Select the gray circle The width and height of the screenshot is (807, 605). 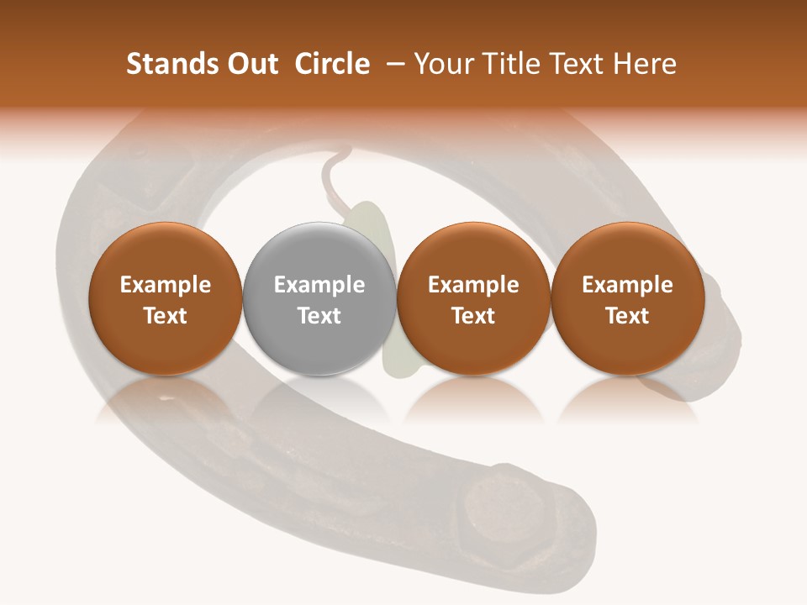pos(319,299)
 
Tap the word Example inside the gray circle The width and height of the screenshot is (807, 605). pos(319,285)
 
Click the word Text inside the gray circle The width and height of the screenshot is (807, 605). pos(319,316)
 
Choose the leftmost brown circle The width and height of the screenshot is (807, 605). pos(165,299)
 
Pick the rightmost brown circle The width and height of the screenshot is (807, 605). pos(627,299)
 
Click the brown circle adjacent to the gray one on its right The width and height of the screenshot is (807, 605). pos(473,299)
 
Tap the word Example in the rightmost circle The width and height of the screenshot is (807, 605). pos(627,285)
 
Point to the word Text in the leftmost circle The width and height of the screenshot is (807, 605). pos(165,316)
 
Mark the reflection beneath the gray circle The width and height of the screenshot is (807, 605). pos(319,399)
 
